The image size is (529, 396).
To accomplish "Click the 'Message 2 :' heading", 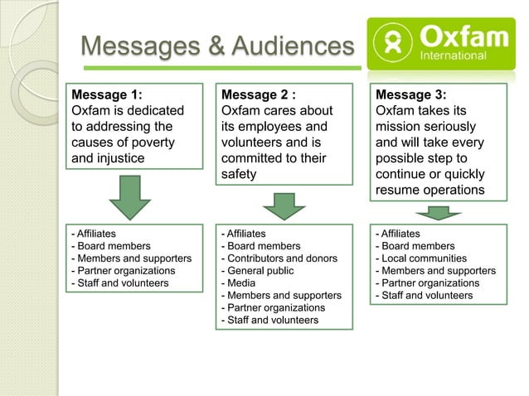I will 259,94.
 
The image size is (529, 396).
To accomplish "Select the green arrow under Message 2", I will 284,205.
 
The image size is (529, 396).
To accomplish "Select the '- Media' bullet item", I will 236,283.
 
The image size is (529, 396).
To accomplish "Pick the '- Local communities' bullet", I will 420,258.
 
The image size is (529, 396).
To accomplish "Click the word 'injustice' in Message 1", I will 120,158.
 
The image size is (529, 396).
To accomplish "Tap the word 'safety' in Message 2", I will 239,174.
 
